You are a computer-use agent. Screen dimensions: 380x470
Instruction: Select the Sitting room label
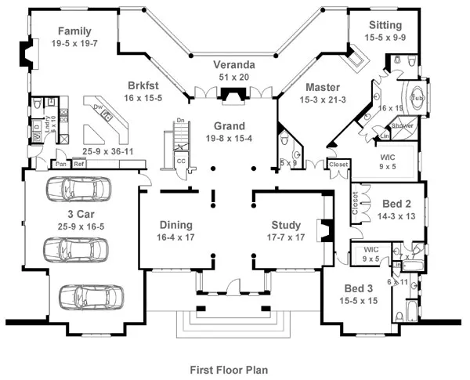[x=385, y=24]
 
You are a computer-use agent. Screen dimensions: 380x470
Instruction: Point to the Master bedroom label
[x=322, y=86]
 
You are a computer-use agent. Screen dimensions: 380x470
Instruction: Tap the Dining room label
[x=175, y=224]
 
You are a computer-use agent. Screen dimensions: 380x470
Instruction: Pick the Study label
[x=280, y=224]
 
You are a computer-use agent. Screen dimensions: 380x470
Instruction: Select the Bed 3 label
[x=357, y=288]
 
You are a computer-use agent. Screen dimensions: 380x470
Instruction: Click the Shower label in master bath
[x=402, y=125]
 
